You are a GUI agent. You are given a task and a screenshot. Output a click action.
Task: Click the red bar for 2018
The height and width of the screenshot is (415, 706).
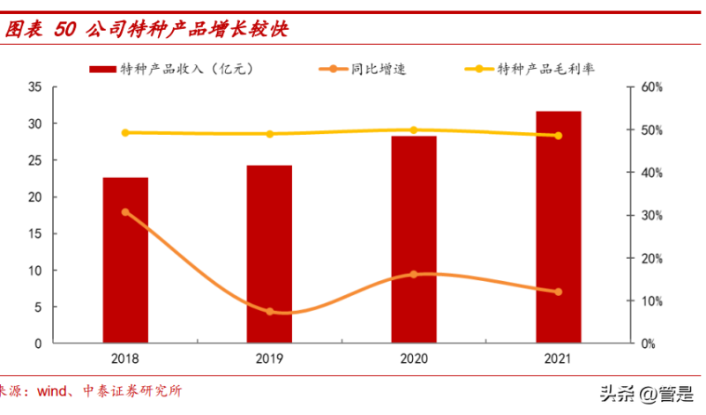125,260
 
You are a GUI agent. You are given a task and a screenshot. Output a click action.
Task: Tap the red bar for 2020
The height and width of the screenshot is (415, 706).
414,239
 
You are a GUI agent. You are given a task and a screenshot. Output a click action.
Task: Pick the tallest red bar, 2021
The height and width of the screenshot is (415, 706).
558,226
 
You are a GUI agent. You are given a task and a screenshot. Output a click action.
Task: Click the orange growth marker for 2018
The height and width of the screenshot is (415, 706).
125,212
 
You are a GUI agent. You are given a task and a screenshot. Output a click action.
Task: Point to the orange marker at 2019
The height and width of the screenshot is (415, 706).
269,312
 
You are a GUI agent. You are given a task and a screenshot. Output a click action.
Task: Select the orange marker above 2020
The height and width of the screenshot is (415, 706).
414,274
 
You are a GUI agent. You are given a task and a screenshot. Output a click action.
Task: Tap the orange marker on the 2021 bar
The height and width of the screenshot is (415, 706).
558,292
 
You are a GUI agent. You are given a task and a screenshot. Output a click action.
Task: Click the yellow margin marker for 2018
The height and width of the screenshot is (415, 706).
125,133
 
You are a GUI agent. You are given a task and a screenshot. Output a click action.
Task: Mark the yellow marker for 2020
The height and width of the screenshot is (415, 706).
414,130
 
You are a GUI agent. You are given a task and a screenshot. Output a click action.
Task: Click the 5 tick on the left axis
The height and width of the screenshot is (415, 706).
39,307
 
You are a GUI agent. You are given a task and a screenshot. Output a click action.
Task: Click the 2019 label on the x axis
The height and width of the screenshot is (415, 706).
269,359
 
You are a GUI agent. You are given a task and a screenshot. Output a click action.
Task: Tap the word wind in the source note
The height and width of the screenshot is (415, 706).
54,390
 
